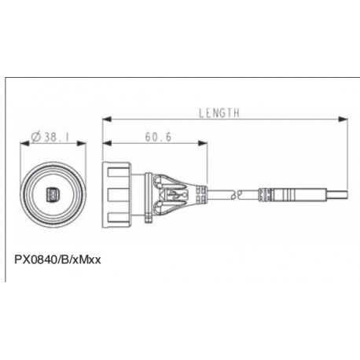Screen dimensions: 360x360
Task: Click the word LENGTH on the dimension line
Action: pyautogui.click(x=219, y=113)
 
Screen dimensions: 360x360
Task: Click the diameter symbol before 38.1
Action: pyautogui.click(x=37, y=137)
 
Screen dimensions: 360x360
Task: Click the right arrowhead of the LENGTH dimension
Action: pyautogui.click(x=345, y=120)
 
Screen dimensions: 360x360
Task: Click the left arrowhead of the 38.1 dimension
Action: pyautogui.click(x=21, y=144)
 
